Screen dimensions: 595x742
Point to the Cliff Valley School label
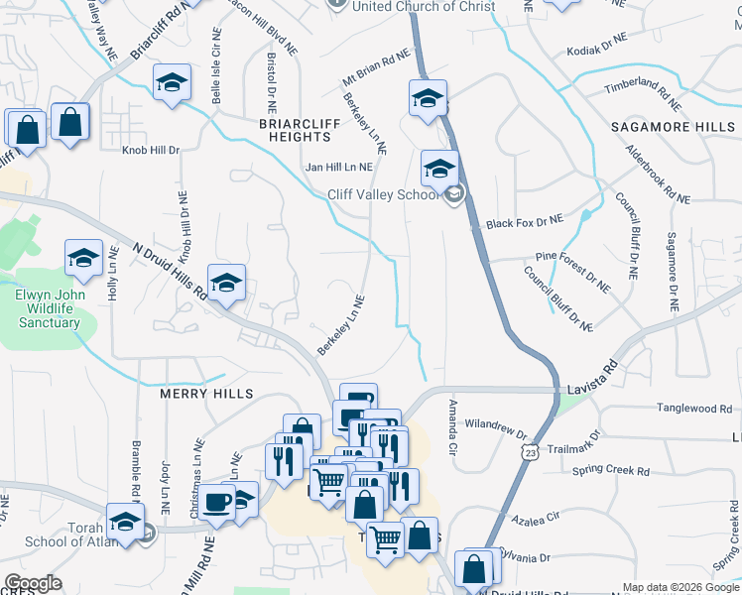coord(383,194)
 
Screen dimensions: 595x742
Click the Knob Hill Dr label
coord(151,151)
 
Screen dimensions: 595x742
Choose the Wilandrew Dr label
coord(494,426)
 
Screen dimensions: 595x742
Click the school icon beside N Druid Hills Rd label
coord(226,283)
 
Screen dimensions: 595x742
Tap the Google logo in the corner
coord(32,584)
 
